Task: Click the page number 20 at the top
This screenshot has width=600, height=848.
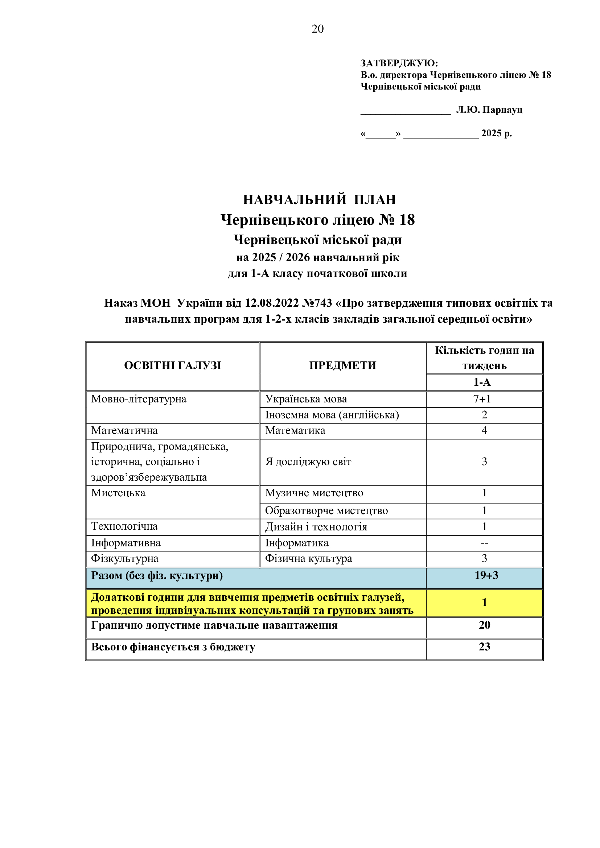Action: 317,29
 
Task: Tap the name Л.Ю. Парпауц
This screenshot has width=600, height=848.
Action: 489,110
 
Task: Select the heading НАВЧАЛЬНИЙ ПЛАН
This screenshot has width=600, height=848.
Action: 319,199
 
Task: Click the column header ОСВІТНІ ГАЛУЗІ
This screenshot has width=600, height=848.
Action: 173,366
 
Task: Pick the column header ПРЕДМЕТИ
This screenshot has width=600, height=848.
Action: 342,366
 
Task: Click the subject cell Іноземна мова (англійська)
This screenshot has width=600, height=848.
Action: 332,415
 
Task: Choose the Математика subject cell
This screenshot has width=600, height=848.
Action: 295,430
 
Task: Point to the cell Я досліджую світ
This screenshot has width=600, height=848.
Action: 308,462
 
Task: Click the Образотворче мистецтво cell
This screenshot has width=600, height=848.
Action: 326,510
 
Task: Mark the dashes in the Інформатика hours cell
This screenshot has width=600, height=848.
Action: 484,543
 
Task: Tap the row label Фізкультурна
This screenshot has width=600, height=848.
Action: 124,558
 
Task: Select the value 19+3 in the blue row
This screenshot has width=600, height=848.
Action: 486,575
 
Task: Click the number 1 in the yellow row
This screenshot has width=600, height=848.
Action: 484,603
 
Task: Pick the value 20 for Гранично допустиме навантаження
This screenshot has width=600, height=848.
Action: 484,625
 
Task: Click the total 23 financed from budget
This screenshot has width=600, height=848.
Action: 484,646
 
